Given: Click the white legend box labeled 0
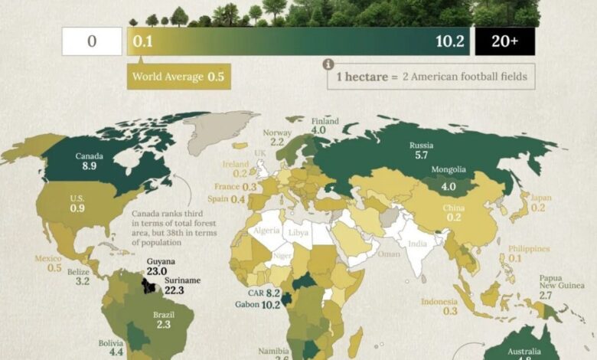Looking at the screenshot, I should click(x=91, y=41).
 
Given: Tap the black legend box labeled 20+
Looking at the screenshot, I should click(x=504, y=41).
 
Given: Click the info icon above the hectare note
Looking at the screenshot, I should click(x=328, y=64).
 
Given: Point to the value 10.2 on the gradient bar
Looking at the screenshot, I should click(x=450, y=41).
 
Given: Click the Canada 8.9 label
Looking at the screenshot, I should click(x=90, y=160).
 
